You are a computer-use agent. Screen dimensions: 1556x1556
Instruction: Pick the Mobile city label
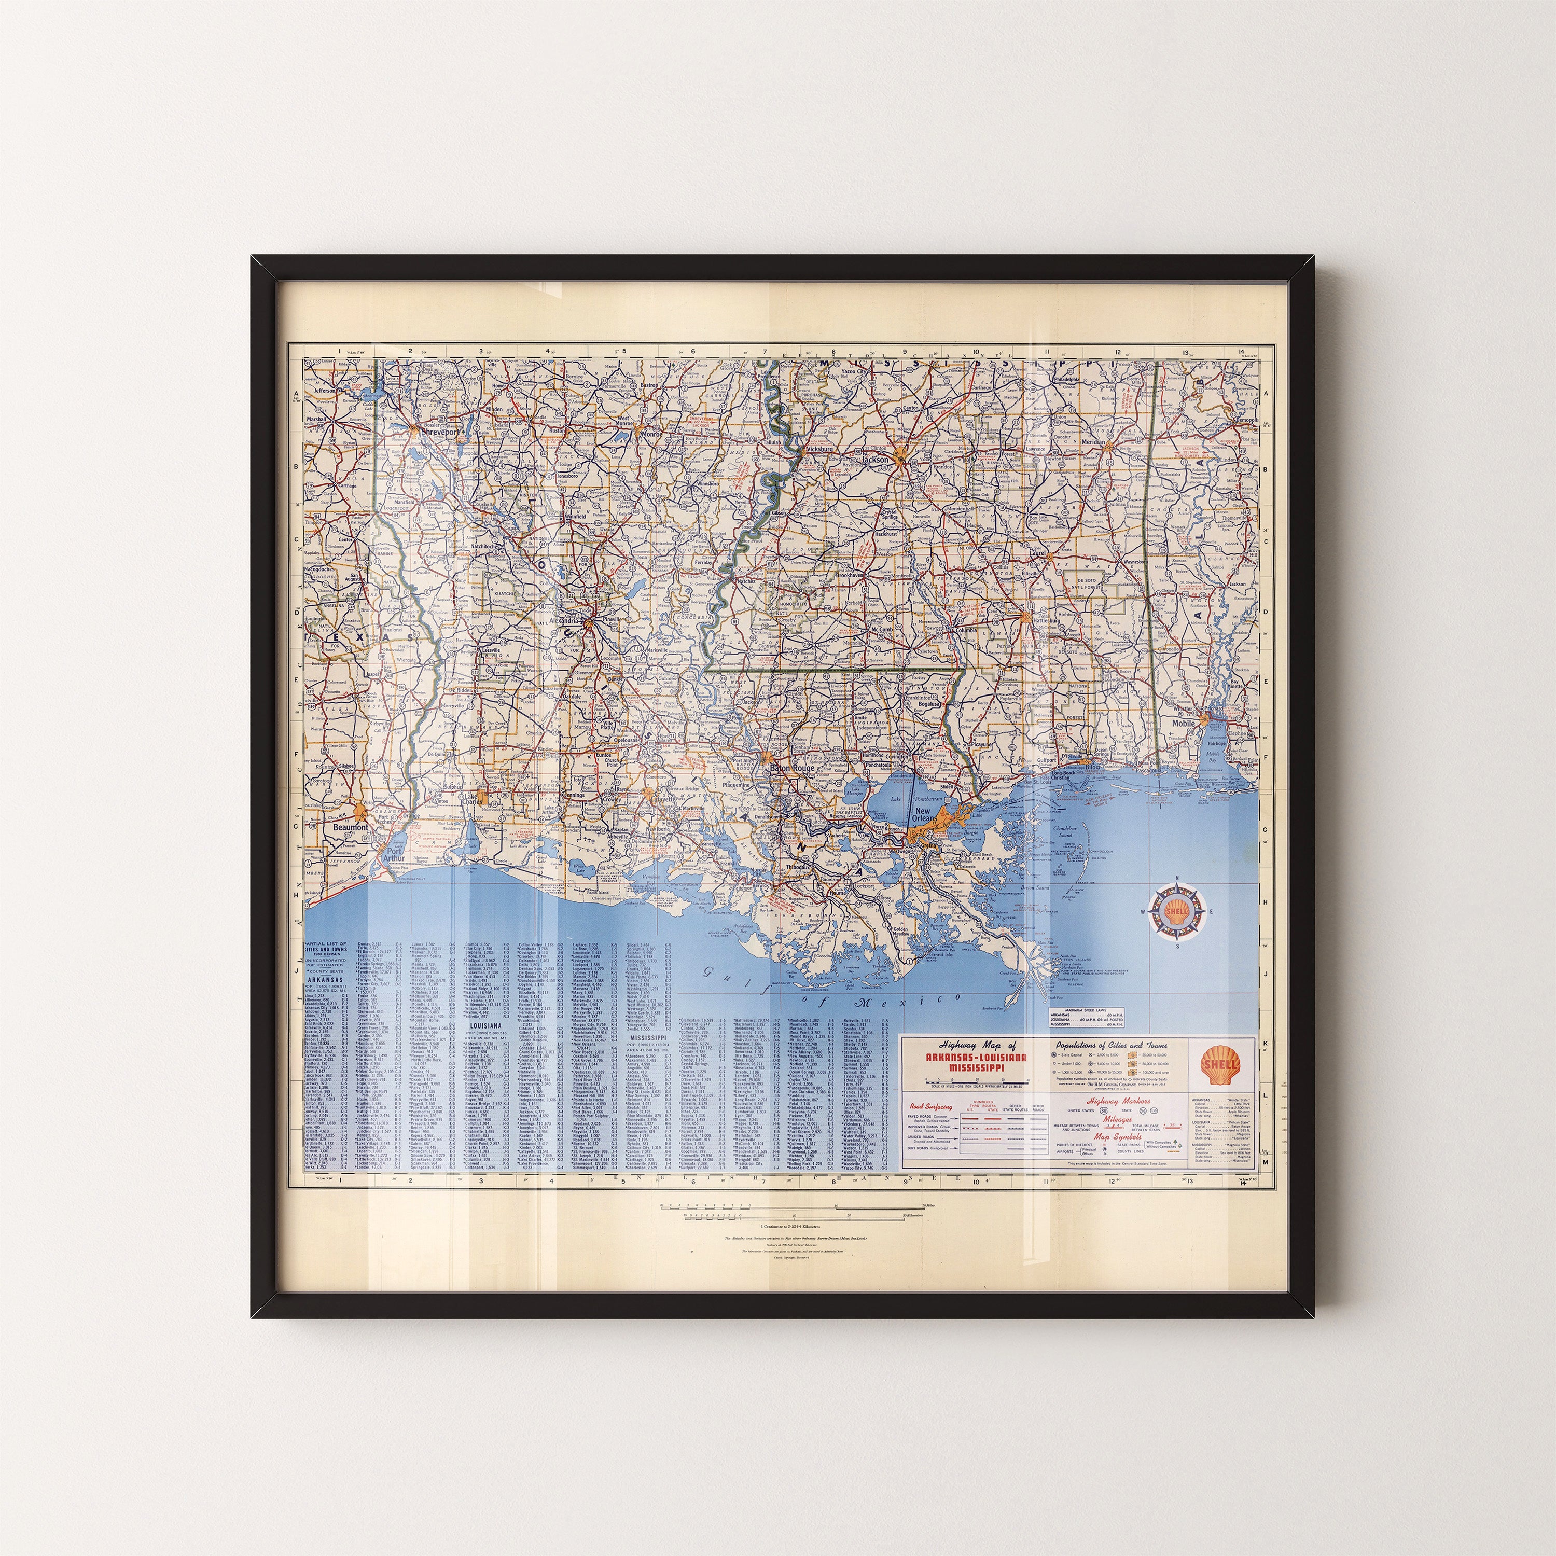[x=1183, y=723]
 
